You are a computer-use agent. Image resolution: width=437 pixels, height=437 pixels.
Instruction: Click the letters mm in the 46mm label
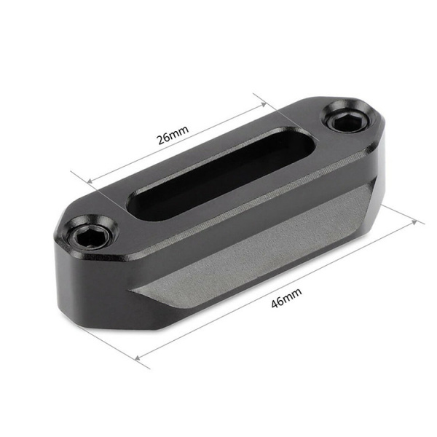coord(292,294)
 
